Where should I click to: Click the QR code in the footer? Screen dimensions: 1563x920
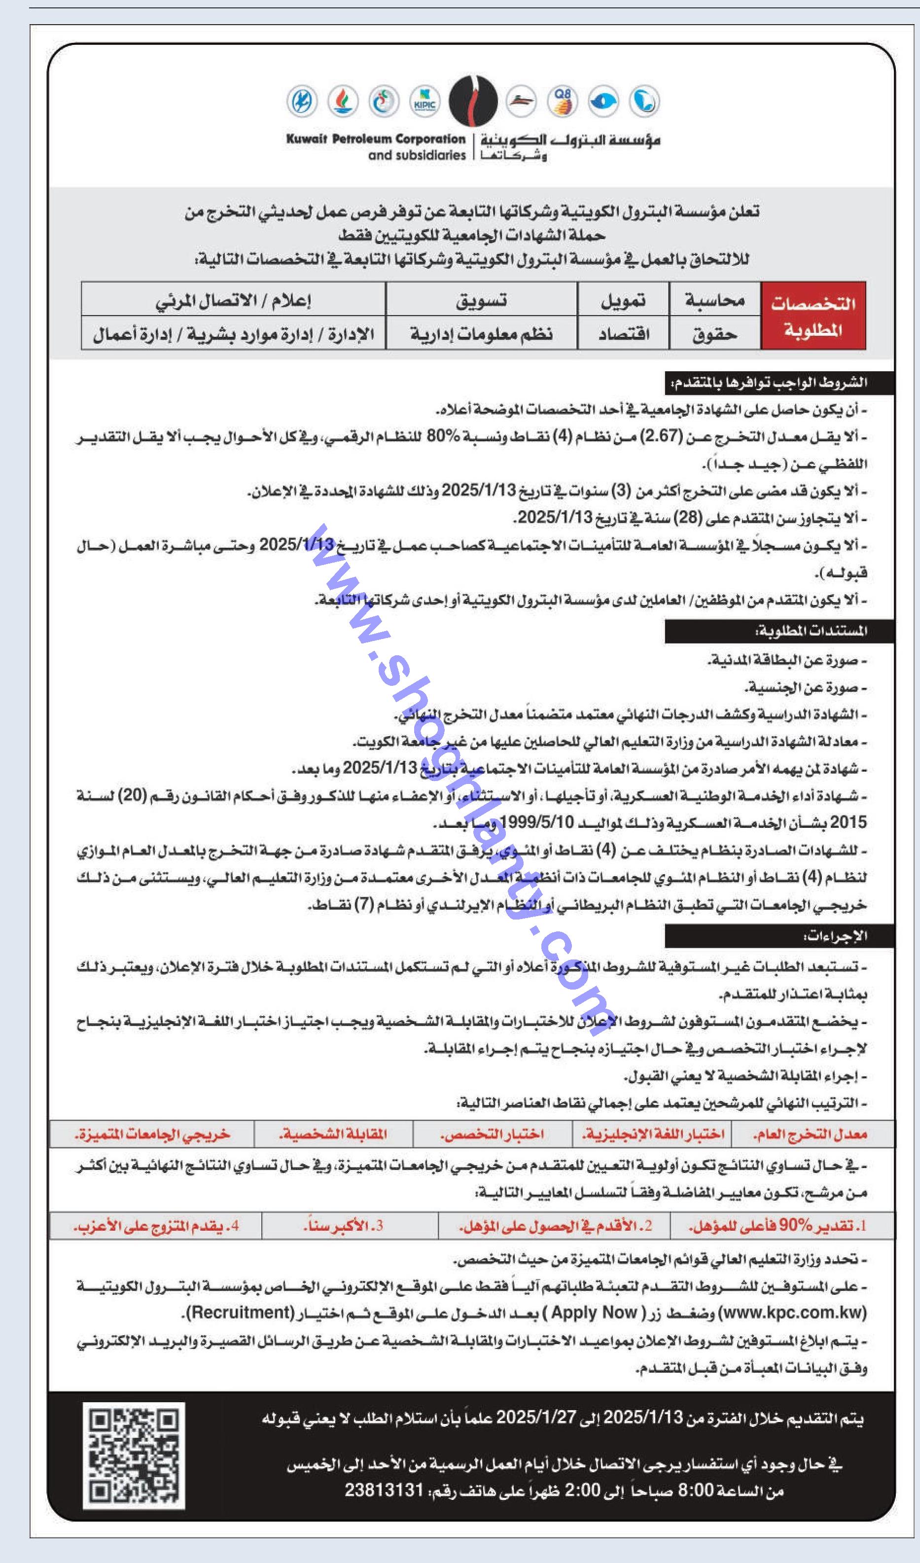click(x=134, y=1455)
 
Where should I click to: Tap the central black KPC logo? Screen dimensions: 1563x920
click(x=473, y=101)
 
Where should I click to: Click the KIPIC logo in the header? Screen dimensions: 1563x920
click(x=425, y=101)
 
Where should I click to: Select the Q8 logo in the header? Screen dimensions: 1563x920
click(x=563, y=101)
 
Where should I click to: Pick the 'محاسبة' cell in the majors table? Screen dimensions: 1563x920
click(x=715, y=300)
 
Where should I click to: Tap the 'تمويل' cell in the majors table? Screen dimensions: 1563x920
click(x=623, y=300)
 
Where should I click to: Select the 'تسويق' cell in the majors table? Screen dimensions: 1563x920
click(x=481, y=300)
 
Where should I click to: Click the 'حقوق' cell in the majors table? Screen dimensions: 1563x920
click(x=715, y=334)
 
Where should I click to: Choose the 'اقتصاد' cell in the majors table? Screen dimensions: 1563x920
click(x=623, y=334)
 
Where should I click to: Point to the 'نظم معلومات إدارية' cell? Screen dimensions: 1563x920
click(x=481, y=334)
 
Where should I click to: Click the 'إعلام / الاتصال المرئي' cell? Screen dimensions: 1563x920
click(x=233, y=300)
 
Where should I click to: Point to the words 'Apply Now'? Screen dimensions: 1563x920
click(x=594, y=1313)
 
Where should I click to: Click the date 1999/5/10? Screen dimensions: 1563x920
click(x=536, y=822)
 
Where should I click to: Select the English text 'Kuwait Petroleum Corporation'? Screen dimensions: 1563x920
click(x=375, y=139)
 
